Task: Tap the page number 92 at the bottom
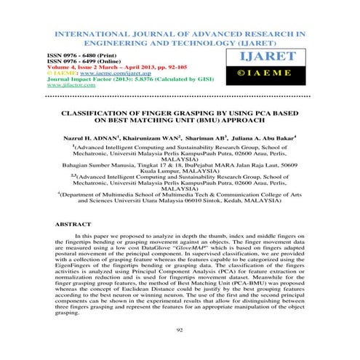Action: pos(180,329)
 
